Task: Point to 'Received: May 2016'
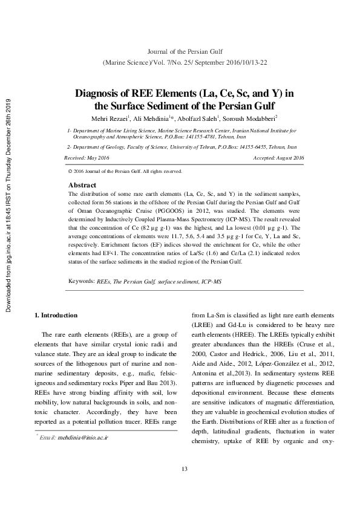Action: (87, 158)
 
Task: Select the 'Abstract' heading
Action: (82, 184)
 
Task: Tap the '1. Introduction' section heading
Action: (56, 315)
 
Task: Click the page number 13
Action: (185, 486)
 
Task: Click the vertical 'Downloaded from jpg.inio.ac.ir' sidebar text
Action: (8, 206)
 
